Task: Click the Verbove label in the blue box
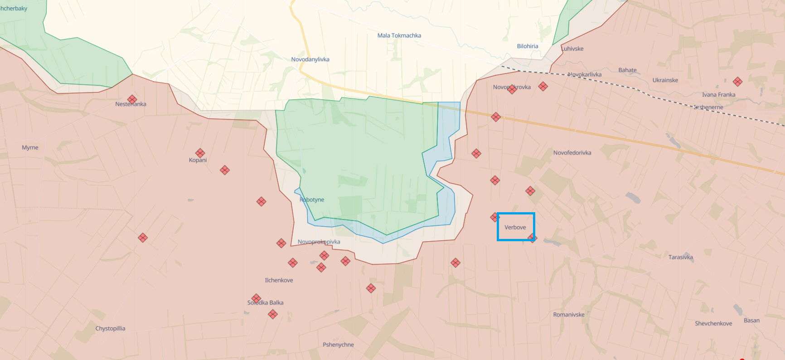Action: (x=515, y=227)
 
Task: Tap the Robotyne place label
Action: (x=312, y=199)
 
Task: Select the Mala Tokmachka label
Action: (x=399, y=35)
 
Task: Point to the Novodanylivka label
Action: (x=310, y=59)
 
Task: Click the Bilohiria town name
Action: (x=528, y=46)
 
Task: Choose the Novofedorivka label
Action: (x=572, y=153)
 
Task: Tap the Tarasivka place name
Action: (x=680, y=257)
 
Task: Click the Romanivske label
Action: (x=568, y=315)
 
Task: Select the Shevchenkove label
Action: (x=713, y=323)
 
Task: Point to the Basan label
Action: (x=751, y=320)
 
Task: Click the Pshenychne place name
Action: (x=338, y=345)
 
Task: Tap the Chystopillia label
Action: (x=110, y=328)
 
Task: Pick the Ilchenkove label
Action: (x=279, y=280)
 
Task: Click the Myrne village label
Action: (x=30, y=147)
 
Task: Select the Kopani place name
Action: (x=198, y=160)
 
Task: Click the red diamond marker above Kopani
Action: (x=200, y=153)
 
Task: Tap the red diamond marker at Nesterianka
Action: (x=132, y=99)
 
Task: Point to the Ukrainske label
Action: (x=665, y=80)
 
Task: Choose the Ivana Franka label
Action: (x=718, y=95)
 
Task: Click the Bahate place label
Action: (x=627, y=70)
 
